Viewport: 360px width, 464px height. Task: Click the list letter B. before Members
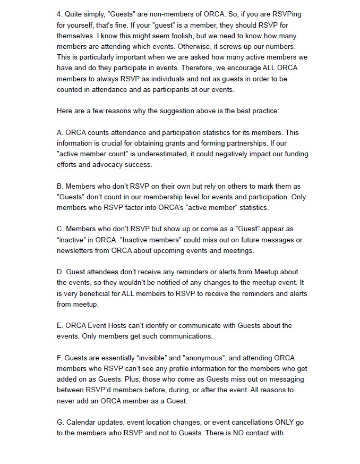pos(60,186)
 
